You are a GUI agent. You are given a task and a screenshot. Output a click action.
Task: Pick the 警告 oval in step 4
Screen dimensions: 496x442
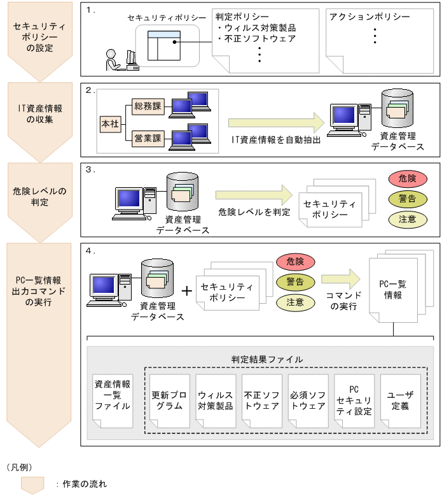[x=295, y=281]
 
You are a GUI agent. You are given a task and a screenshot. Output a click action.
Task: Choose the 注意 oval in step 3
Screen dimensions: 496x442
[x=407, y=220]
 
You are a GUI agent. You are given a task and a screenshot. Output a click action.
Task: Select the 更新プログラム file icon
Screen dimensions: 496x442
[x=169, y=400]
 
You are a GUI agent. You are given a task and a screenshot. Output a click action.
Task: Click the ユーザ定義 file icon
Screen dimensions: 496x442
[x=400, y=400]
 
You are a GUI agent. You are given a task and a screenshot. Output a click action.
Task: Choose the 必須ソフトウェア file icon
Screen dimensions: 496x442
[x=307, y=400]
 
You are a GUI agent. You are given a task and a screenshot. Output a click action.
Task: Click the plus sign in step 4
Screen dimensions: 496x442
[x=187, y=291]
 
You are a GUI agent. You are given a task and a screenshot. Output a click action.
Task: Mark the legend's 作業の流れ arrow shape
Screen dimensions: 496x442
[x=32, y=483]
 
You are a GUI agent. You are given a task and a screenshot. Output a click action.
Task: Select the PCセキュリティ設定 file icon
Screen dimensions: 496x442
[x=354, y=400]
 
